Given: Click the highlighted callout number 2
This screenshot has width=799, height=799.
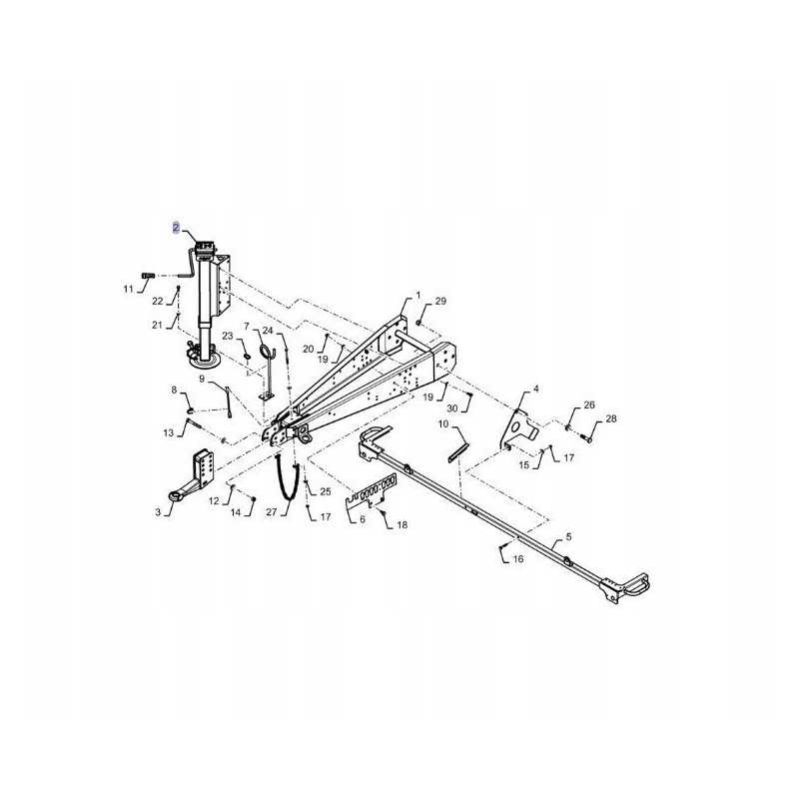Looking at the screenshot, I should (x=176, y=228).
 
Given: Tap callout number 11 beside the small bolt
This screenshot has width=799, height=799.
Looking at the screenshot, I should (x=128, y=290).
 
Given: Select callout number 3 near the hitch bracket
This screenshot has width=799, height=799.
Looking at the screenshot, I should (x=157, y=512).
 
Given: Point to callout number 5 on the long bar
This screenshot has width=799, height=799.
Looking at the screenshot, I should (x=568, y=538).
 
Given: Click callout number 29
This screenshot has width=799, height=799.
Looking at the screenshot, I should (x=441, y=301).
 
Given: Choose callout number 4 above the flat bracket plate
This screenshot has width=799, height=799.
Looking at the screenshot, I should (x=535, y=389).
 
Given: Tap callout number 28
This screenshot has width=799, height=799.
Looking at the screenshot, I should (x=611, y=418).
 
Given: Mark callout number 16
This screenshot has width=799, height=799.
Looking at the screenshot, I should (x=518, y=560).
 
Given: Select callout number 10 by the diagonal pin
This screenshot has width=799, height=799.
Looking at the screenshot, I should (x=441, y=424).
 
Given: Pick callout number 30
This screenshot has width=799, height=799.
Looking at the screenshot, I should (x=452, y=407).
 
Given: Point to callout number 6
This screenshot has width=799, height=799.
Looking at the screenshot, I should (x=362, y=520).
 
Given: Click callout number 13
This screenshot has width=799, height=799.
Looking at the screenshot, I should (x=168, y=432).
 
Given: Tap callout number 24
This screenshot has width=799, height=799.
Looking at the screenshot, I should (x=267, y=331).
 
